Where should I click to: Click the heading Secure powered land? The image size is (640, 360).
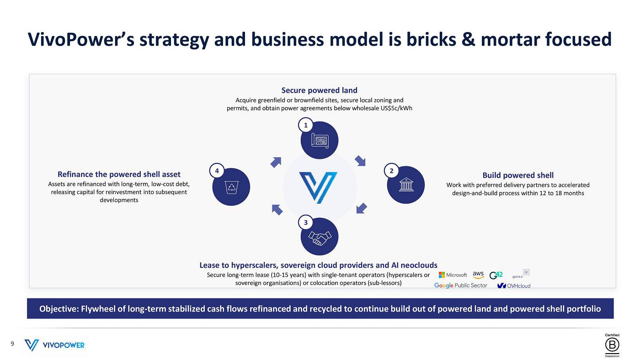point(319,90)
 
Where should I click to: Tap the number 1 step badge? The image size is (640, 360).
point(305,125)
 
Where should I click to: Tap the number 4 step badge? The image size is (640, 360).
point(217,171)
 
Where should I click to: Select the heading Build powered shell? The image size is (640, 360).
point(517,175)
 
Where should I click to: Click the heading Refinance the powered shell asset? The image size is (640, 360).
point(119,174)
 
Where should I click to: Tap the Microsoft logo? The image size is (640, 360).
point(453,275)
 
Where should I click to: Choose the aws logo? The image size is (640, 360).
point(478,275)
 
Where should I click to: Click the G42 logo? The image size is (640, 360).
point(496,275)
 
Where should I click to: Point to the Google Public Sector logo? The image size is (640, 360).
point(460,285)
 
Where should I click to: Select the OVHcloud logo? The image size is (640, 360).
point(514,286)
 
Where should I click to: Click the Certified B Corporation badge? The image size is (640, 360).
point(612,345)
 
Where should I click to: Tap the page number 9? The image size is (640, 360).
point(12,344)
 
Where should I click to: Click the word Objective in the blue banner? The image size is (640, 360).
point(59,309)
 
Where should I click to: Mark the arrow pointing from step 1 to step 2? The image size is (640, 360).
point(360,161)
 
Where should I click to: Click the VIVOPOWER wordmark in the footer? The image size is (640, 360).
point(64,345)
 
